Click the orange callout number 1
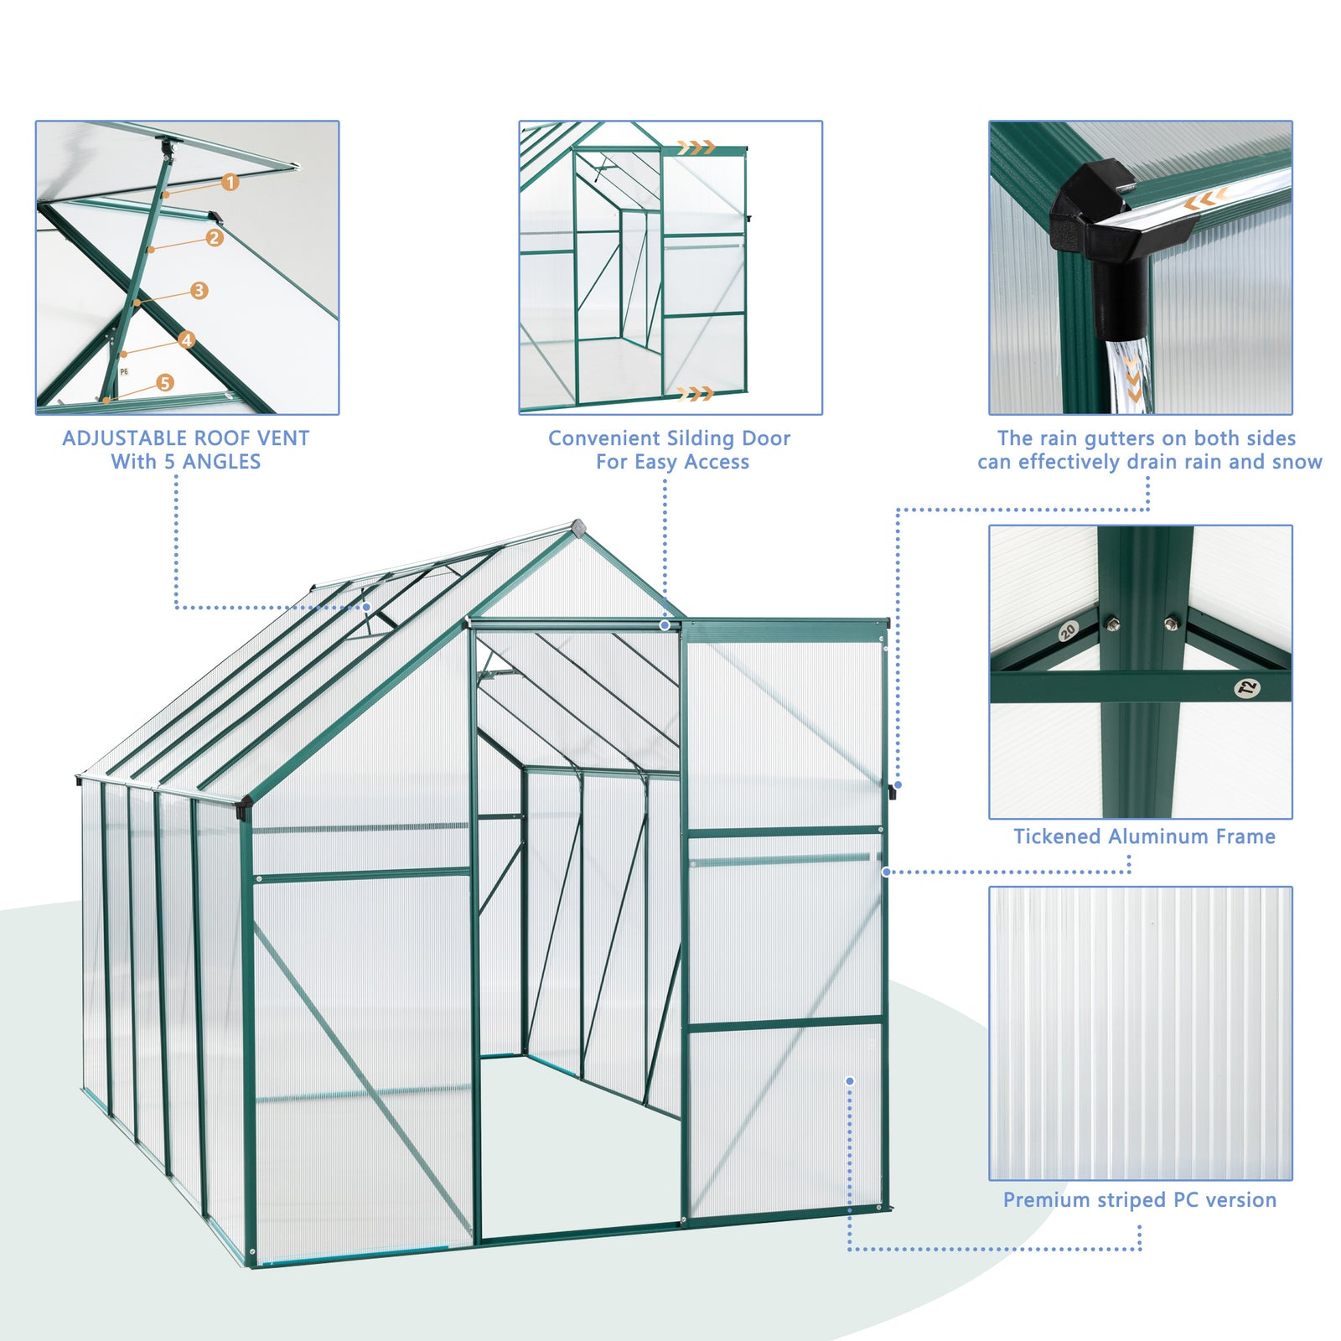230,182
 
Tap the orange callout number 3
199,290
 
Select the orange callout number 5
165,382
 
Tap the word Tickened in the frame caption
1057,836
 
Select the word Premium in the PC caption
1041,1200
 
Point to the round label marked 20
1068,631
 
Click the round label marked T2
1248,688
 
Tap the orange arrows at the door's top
696,148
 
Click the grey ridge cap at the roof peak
578,527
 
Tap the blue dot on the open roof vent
366,607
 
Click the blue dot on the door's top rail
665,625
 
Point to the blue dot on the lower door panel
850,1081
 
